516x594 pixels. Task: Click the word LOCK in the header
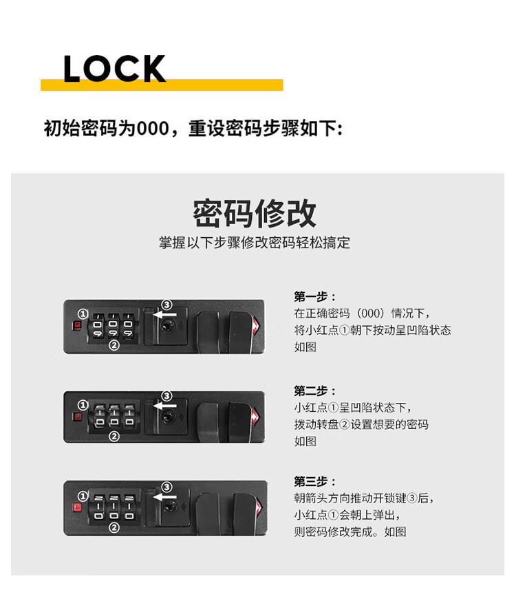[114, 68]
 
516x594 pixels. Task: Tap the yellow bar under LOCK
[162, 85]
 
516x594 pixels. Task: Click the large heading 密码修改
[255, 213]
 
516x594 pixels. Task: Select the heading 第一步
[314, 296]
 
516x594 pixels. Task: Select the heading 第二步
[314, 390]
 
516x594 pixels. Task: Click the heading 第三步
[314, 481]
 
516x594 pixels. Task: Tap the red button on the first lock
[77, 325]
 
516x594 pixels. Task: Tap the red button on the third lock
[77, 507]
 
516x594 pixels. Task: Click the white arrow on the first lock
[164, 314]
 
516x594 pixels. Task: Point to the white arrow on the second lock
[164, 406]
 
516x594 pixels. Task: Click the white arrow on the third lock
[164, 496]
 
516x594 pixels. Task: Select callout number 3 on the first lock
[166, 305]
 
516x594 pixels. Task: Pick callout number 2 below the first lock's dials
[114, 345]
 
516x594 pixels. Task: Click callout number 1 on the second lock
[83, 406]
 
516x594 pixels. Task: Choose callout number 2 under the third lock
[114, 527]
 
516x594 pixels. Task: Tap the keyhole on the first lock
[167, 325]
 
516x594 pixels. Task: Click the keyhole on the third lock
[169, 507]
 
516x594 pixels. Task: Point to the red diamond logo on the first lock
[257, 326]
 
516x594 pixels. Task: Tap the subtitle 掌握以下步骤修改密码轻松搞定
[255, 243]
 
